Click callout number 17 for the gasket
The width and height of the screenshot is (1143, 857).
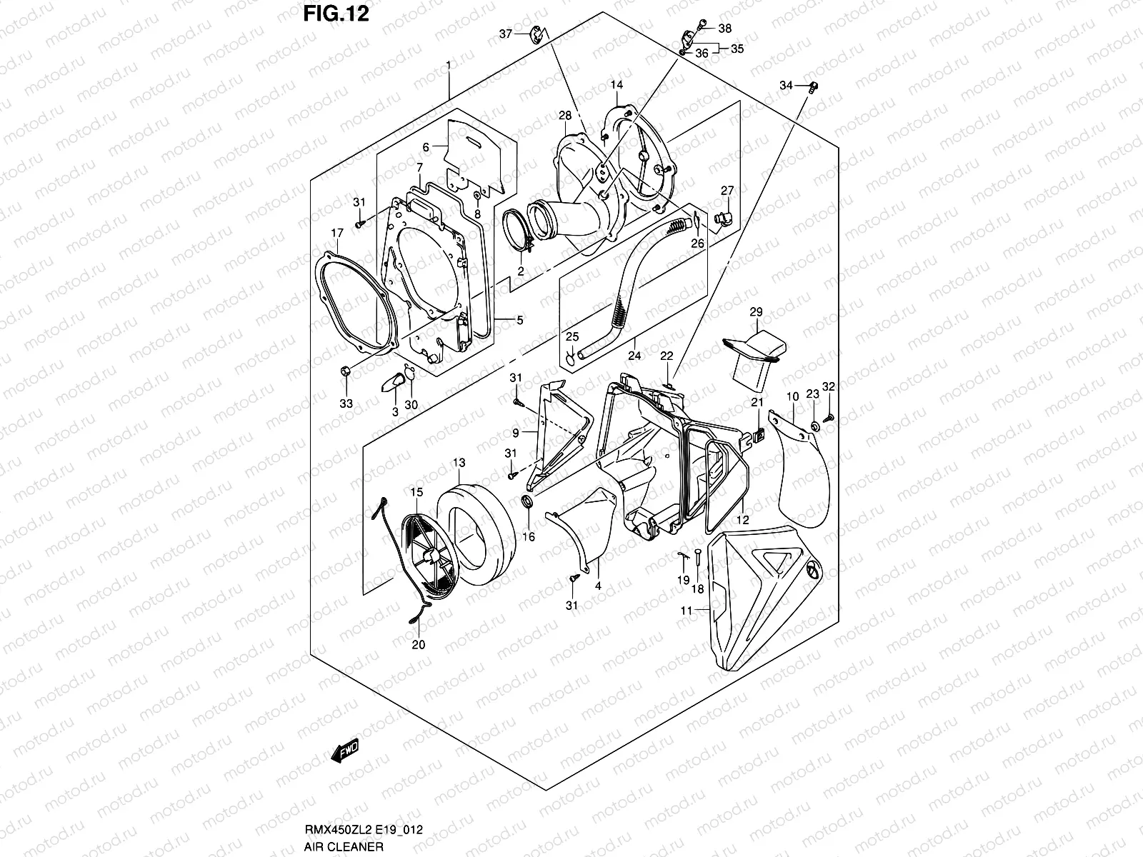(x=337, y=233)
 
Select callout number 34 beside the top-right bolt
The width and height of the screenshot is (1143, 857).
(x=786, y=86)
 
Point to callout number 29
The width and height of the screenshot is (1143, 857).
(x=756, y=312)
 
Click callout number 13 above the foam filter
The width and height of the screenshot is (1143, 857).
(x=459, y=463)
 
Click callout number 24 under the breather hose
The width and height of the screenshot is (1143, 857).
(x=634, y=355)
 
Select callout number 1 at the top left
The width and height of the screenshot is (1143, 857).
(x=448, y=65)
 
